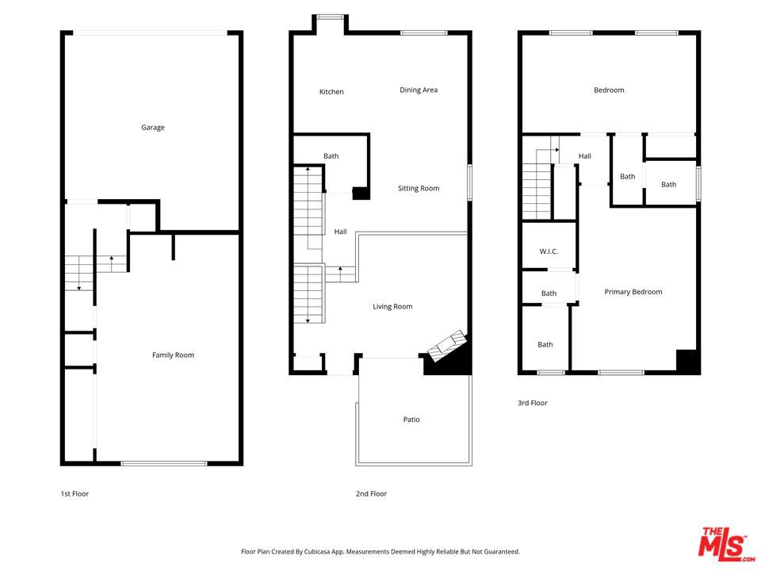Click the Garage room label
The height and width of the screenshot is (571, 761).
tap(153, 128)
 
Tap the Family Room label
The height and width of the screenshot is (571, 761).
tap(173, 355)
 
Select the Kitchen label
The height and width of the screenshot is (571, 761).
tap(331, 92)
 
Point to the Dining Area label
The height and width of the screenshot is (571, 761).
tap(419, 90)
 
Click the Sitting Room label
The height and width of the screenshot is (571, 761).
tap(419, 189)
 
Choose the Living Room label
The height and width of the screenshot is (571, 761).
tap(393, 307)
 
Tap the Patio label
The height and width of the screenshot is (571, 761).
tap(411, 420)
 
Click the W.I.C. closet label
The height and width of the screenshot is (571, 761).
tap(549, 251)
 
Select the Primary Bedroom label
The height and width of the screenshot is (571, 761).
tap(633, 292)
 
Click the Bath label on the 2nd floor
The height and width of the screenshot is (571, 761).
tap(331, 156)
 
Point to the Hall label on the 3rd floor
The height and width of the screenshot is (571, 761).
tap(584, 156)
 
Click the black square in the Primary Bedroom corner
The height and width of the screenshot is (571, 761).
tap(686, 361)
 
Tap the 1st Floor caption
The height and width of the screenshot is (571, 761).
tap(75, 494)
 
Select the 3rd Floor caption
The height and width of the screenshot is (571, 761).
tap(533, 404)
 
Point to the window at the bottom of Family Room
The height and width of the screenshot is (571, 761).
tap(164, 463)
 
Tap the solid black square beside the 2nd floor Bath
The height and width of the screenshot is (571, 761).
tap(361, 193)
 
